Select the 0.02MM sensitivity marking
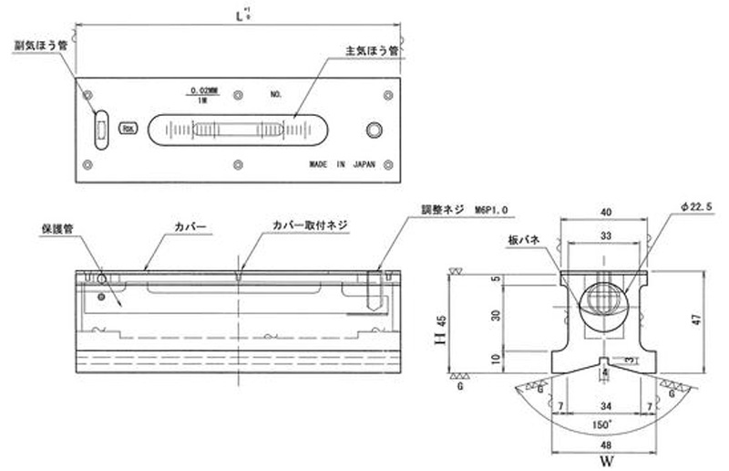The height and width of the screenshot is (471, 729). click(x=202, y=89)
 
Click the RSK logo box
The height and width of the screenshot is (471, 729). click(x=129, y=129)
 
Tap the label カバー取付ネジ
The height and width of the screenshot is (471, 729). click(x=311, y=224)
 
